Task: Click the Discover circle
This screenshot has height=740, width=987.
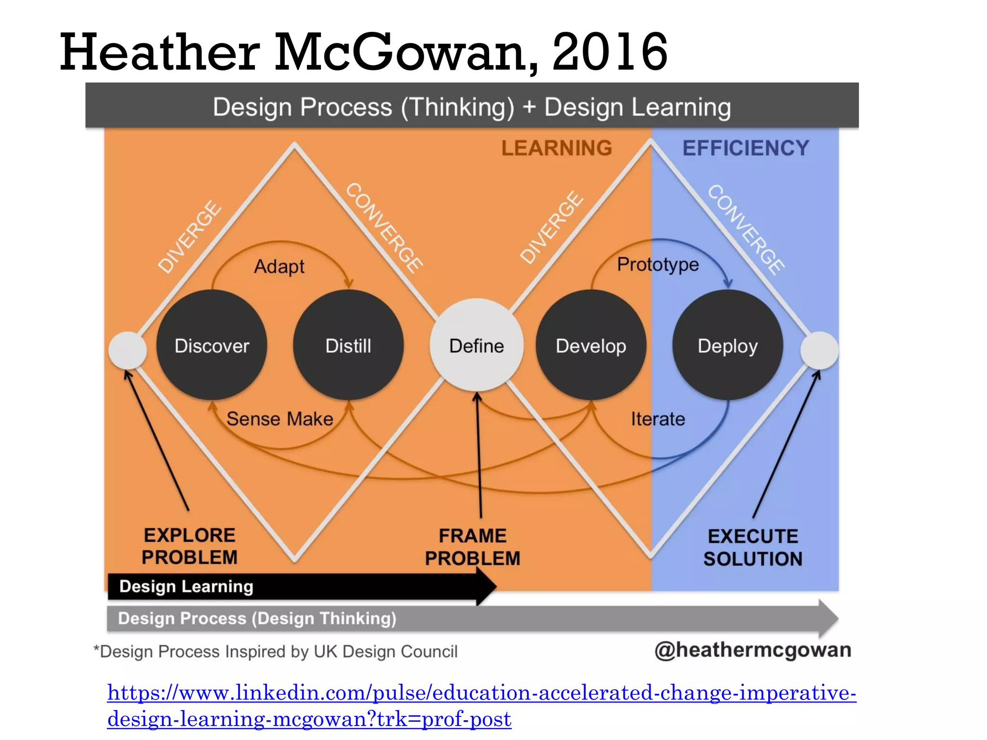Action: (212, 345)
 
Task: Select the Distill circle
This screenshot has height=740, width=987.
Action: (348, 345)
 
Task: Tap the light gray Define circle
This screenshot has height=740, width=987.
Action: (476, 345)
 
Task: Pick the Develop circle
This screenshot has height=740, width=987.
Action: (591, 345)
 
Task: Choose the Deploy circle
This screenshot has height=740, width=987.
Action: (728, 345)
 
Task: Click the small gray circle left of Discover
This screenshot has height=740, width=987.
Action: (128, 350)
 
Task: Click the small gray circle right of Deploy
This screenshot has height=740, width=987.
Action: (819, 350)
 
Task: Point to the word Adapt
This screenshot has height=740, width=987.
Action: (279, 266)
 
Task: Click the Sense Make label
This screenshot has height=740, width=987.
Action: (280, 419)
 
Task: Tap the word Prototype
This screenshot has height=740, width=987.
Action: (658, 264)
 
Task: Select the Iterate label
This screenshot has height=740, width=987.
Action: (658, 419)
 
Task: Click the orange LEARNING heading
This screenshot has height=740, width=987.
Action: (557, 148)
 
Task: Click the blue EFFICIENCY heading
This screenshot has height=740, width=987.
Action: (746, 148)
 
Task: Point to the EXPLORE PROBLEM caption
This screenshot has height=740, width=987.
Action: (189, 546)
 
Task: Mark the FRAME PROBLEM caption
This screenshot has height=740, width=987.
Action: (472, 547)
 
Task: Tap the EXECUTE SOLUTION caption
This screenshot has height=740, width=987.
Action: (753, 547)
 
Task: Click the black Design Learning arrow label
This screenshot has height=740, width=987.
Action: (186, 586)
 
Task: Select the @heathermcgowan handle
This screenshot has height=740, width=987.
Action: (753, 650)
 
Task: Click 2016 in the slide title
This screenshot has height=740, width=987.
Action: (609, 52)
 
